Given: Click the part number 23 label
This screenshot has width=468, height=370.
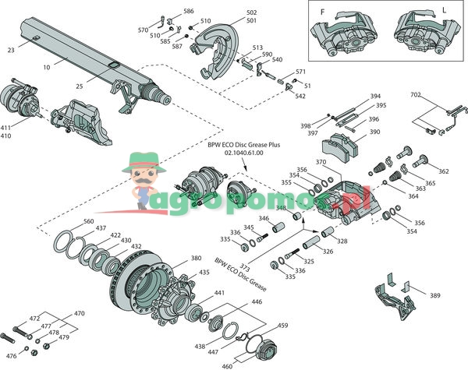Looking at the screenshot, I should click(10, 50).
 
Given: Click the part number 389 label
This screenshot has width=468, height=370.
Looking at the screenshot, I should click(434, 297).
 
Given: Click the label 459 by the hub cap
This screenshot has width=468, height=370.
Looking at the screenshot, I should click(282, 326).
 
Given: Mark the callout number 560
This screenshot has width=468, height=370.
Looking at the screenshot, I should click(88, 222).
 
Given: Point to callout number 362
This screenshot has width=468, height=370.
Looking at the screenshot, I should click(444, 171).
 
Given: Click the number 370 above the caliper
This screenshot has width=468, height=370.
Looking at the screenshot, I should click(321, 162).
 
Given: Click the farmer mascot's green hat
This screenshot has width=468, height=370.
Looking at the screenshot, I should click(143, 163).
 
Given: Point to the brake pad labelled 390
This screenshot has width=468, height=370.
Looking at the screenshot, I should click(342, 143).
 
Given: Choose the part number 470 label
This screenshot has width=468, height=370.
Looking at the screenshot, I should click(79, 313).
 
